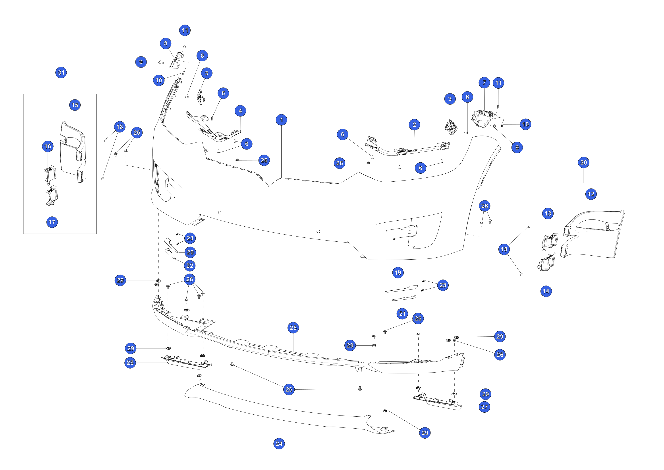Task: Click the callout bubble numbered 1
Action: [x=281, y=120]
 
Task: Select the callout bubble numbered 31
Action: [x=61, y=72]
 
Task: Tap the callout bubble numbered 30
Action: [x=584, y=162]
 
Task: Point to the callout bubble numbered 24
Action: [x=279, y=444]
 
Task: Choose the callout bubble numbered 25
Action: [x=293, y=328]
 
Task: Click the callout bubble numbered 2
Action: [x=414, y=125]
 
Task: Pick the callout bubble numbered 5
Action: [x=207, y=73]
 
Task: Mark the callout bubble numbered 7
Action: [x=484, y=83]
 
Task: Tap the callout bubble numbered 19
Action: [x=398, y=273]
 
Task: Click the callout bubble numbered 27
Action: [x=484, y=407]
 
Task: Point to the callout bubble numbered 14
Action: [x=546, y=291]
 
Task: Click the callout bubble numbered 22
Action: [x=190, y=266]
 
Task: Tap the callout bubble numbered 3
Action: [x=450, y=99]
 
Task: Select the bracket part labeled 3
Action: [x=451, y=127]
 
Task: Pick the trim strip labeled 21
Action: [x=404, y=298]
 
